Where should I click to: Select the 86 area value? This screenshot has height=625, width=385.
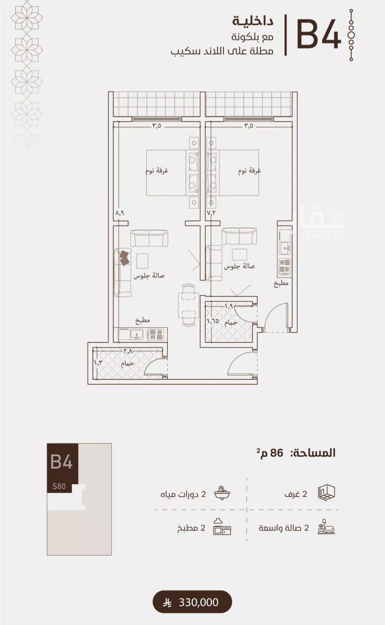coord(276,453)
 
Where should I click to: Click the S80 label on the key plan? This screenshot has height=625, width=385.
coord(59,486)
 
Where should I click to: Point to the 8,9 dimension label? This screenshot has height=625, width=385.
coord(119,213)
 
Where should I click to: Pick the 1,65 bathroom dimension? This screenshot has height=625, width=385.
coord(213,321)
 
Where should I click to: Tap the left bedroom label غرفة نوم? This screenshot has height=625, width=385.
coord(157,171)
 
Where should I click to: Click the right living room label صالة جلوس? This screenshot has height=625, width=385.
coord(239,266)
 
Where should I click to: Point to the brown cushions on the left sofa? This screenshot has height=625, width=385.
coord(125,257)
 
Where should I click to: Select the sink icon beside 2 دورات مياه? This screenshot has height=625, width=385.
coord(222,494)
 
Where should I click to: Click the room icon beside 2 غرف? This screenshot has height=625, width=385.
coord(326,493)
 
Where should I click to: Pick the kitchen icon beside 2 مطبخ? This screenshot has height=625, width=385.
coord(222,526)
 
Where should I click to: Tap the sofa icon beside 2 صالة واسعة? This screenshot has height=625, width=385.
coord(326,526)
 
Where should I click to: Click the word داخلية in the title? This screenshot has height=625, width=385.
coord(253,22)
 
